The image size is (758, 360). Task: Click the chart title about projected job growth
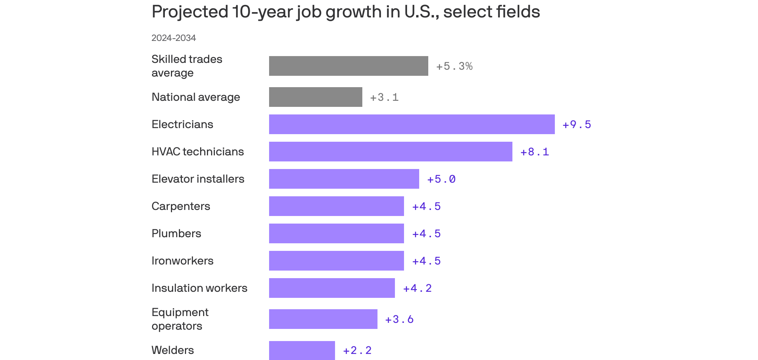tap(346, 12)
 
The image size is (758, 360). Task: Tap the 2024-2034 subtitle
tap(174, 38)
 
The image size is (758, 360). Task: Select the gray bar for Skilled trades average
tap(349, 66)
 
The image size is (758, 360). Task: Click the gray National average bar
tap(316, 97)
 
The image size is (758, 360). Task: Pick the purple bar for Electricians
tap(412, 124)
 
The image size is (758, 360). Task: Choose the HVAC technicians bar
tap(391, 152)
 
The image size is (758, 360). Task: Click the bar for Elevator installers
tap(344, 179)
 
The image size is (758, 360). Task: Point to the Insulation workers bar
tap(332, 288)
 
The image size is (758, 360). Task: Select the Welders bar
tap(302, 350)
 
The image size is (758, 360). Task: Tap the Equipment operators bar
tap(323, 319)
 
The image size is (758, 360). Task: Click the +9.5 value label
tap(577, 125)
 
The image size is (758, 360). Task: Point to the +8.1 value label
tap(535, 152)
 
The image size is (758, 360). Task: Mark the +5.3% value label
tap(454, 66)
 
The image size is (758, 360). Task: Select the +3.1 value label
tap(384, 97)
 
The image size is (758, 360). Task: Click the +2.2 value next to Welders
tap(357, 351)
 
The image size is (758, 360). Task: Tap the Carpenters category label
tap(181, 206)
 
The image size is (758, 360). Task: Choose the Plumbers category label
tap(176, 233)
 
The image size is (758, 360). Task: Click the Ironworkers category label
tap(182, 261)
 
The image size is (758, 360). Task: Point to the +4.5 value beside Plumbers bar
tap(427, 234)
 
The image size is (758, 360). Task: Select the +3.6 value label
tap(399, 319)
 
